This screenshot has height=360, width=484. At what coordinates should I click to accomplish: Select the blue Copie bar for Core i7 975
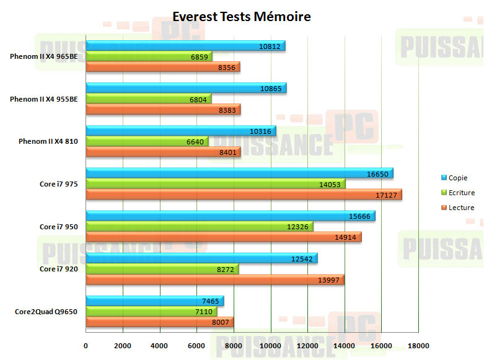pyautogui.click(x=239, y=173)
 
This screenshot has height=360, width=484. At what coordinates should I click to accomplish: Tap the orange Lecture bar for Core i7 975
pyautogui.click(x=244, y=195)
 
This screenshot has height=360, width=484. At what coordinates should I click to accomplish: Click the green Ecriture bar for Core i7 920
pyautogui.click(x=162, y=270)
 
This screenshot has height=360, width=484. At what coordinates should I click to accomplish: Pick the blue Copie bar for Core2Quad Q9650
pyautogui.click(x=154, y=301)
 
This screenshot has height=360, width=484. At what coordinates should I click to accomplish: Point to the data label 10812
pyautogui.click(x=272, y=46)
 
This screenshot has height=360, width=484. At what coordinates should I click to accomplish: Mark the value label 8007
pyautogui.click(x=221, y=322)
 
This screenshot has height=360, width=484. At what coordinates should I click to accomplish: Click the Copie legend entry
pyautogui.click(x=457, y=178)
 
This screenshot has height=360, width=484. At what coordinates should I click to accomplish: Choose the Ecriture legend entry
pyautogui.click(x=460, y=193)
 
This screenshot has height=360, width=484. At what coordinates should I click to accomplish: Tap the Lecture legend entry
pyautogui.click(x=460, y=208)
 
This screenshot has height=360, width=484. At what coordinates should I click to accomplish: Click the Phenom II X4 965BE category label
pyautogui.click(x=43, y=56)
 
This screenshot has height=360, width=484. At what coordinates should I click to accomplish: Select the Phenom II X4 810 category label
pyautogui.click(x=48, y=141)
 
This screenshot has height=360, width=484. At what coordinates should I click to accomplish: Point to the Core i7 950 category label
pyautogui.click(x=58, y=227)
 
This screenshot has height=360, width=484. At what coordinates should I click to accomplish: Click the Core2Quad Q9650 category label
pyautogui.click(x=46, y=312)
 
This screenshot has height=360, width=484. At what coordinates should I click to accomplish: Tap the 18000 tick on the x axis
pyautogui.click(x=418, y=345)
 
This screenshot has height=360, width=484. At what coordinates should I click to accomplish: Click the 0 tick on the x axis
pyautogui.click(x=86, y=345)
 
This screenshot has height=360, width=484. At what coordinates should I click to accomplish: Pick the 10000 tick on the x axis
pyautogui.click(x=270, y=345)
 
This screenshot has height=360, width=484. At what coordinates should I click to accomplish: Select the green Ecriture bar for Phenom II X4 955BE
pyautogui.click(x=148, y=99)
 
